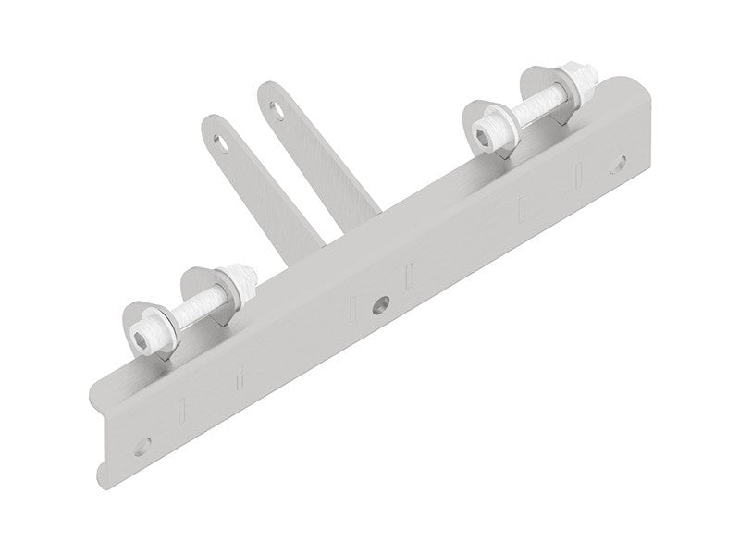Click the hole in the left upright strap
(x=221, y=142)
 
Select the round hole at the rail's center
(x=379, y=303)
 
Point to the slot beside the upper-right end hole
(x=579, y=174)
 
